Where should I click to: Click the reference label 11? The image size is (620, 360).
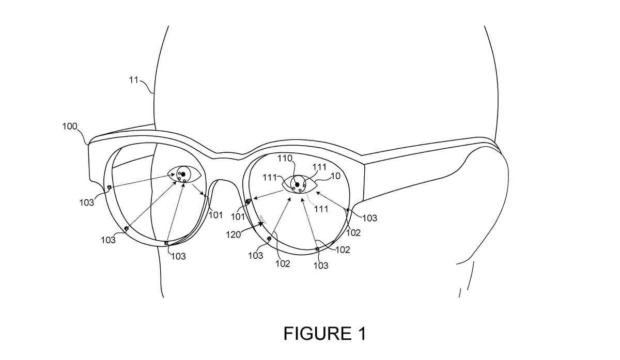click(x=134, y=80)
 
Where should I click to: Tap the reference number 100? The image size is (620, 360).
click(x=70, y=126)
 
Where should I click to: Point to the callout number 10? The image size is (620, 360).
click(x=335, y=176)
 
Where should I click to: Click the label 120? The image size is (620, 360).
click(x=234, y=234)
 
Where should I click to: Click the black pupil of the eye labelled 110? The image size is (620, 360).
click(x=297, y=184)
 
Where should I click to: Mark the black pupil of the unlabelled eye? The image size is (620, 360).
click(x=183, y=174)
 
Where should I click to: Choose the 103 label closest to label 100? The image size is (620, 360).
click(x=87, y=202)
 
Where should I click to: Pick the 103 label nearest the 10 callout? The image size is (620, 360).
click(x=369, y=218)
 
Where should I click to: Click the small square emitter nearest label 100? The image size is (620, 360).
click(x=109, y=187)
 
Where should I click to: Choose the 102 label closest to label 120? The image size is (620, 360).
click(x=283, y=263)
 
